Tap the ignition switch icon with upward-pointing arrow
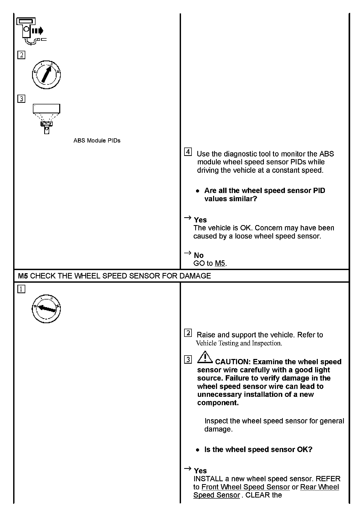pos(46,75)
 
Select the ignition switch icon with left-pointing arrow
pos(46,309)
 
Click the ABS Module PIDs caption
pos(97,141)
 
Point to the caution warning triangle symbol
pos(205,357)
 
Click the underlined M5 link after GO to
pos(220,263)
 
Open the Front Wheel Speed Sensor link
pos(245,487)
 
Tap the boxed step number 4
pos(188,152)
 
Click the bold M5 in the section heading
pos(23,276)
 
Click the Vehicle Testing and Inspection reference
pos(239,343)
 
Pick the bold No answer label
pos(199,255)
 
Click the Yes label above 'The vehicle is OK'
pos(200,220)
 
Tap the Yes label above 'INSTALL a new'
pos(200,471)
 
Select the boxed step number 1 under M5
pos(21,289)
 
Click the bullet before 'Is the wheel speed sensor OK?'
pos(198,450)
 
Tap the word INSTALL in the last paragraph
pos(208,479)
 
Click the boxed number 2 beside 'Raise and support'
pos(188,333)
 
